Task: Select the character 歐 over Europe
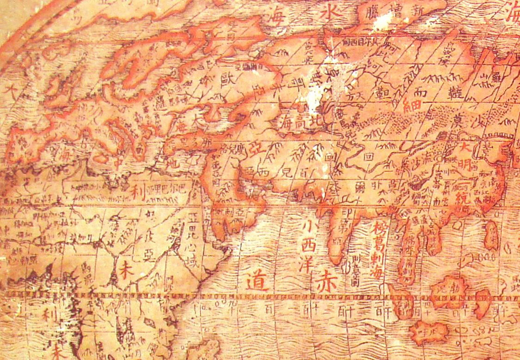click(x=227, y=80)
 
